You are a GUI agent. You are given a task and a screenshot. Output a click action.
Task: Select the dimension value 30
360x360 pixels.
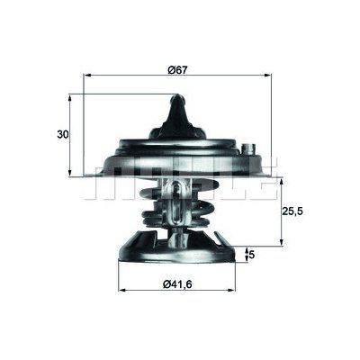click(61, 134)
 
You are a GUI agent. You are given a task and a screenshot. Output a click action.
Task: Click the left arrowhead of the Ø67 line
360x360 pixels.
click(86, 76)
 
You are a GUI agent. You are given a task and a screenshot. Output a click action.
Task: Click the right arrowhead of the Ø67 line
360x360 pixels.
click(274, 76)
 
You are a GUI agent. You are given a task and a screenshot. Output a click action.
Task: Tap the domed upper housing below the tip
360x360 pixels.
click(180, 144)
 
